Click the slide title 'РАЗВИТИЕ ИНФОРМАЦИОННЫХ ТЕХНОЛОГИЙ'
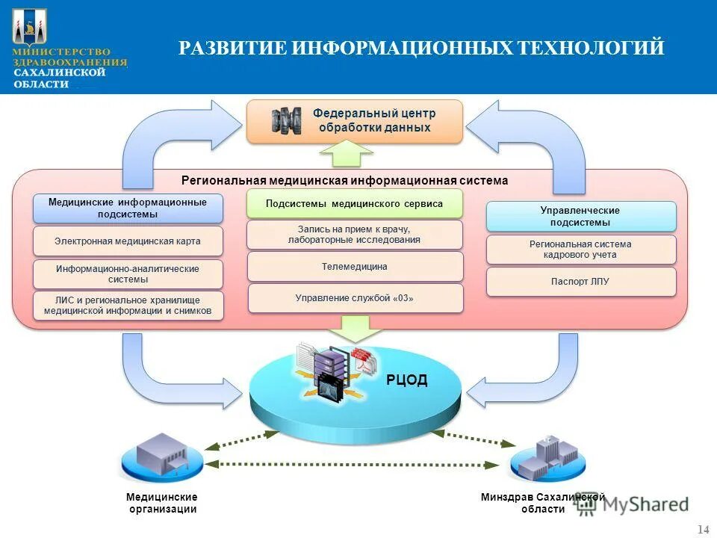[421, 49]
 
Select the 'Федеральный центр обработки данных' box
[355, 121]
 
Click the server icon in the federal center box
[286, 120]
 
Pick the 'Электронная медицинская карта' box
[128, 241]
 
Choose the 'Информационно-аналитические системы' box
[128, 274]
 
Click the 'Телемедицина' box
[355, 266]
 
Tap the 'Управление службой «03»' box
[355, 298]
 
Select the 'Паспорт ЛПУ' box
[580, 282]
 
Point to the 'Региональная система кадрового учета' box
[580, 250]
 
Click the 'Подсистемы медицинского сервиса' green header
[355, 203]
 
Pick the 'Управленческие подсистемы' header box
[580, 216]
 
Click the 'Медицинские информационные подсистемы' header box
[128, 208]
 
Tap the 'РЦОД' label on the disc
[407, 380]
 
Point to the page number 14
[703, 530]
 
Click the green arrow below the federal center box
[346, 153]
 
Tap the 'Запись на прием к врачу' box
[355, 235]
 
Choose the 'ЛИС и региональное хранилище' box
[128, 306]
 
